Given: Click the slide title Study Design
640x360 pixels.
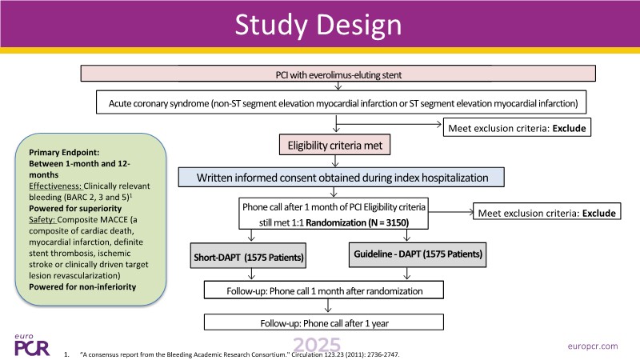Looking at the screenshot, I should tap(320, 26).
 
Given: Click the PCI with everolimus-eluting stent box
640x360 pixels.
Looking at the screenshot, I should tap(340, 74).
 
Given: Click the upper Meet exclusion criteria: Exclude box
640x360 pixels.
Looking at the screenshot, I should tap(516, 126).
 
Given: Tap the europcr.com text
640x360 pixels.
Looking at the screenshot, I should tap(590, 346).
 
